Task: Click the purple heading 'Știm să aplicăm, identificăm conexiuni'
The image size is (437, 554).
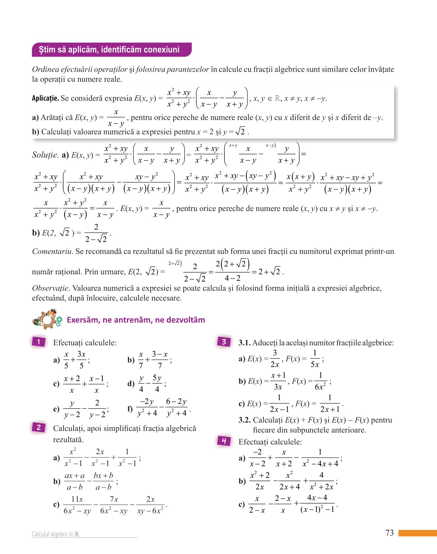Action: click(109, 50)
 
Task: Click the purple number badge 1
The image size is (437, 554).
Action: click(38, 342)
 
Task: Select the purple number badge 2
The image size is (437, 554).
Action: click(38, 427)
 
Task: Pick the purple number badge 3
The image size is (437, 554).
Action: click(224, 342)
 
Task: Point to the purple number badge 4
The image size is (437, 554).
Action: click(224, 441)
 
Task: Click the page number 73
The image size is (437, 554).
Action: click(389, 533)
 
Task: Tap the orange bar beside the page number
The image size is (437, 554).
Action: click(418, 533)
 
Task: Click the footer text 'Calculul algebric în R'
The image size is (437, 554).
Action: click(55, 534)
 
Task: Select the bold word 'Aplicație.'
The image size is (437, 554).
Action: click(45, 98)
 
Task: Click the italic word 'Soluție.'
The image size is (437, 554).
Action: click(45, 155)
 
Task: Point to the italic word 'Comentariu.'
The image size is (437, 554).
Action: click(52, 251)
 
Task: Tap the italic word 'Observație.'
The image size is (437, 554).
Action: click(51, 288)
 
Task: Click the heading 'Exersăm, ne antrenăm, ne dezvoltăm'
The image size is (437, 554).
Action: click(136, 320)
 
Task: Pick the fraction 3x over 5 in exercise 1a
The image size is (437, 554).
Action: click(81, 360)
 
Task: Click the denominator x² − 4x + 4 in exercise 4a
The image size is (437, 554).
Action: click(320, 464)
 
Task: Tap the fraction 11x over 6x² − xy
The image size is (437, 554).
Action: click(77, 505)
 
